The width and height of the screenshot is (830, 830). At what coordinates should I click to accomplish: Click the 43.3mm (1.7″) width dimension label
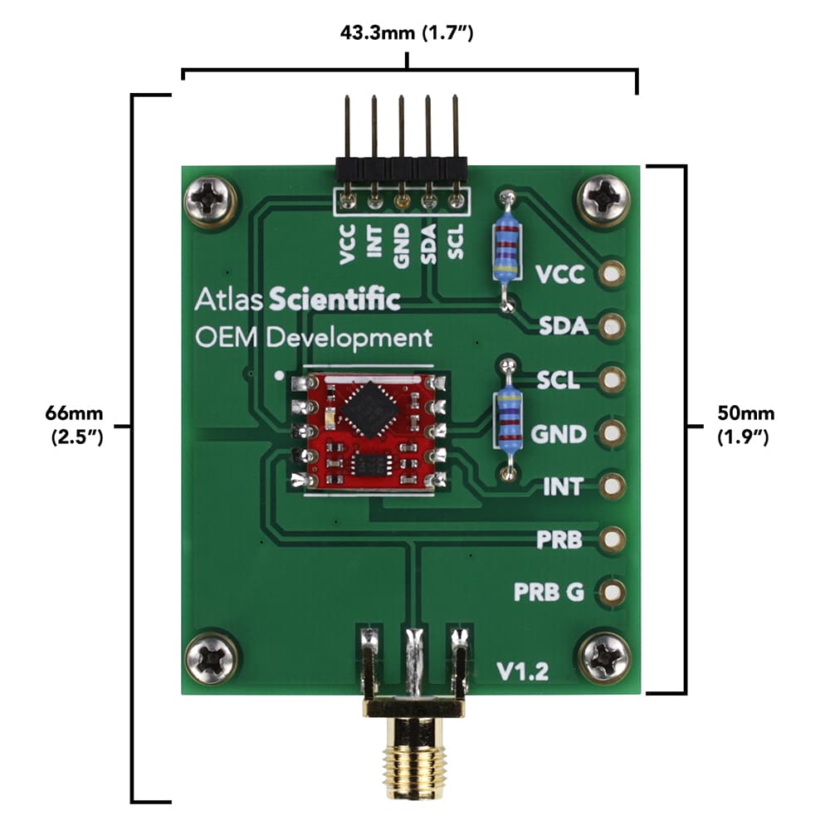click(x=407, y=33)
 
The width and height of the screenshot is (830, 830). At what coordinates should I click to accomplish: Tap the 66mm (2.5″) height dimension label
click(x=76, y=424)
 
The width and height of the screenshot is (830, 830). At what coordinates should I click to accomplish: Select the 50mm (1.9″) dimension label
click(x=745, y=424)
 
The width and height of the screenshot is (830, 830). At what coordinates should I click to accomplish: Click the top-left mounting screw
click(x=210, y=199)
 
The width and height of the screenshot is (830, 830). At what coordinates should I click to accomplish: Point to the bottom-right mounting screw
click(x=605, y=658)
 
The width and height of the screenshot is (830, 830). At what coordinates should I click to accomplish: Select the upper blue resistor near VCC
click(x=505, y=250)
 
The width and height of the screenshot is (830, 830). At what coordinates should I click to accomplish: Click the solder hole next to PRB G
click(x=613, y=592)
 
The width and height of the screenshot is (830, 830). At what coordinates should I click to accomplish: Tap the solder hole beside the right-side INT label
click(x=613, y=486)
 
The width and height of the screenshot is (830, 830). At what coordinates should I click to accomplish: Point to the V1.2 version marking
click(x=522, y=671)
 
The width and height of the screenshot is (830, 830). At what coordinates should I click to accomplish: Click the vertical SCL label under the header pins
click(x=456, y=241)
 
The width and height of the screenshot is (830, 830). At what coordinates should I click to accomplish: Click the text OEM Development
click(x=314, y=338)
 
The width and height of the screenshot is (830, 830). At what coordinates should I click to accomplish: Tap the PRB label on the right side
click(x=559, y=541)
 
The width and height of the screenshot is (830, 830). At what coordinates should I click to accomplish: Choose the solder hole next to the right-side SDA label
click(x=613, y=326)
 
